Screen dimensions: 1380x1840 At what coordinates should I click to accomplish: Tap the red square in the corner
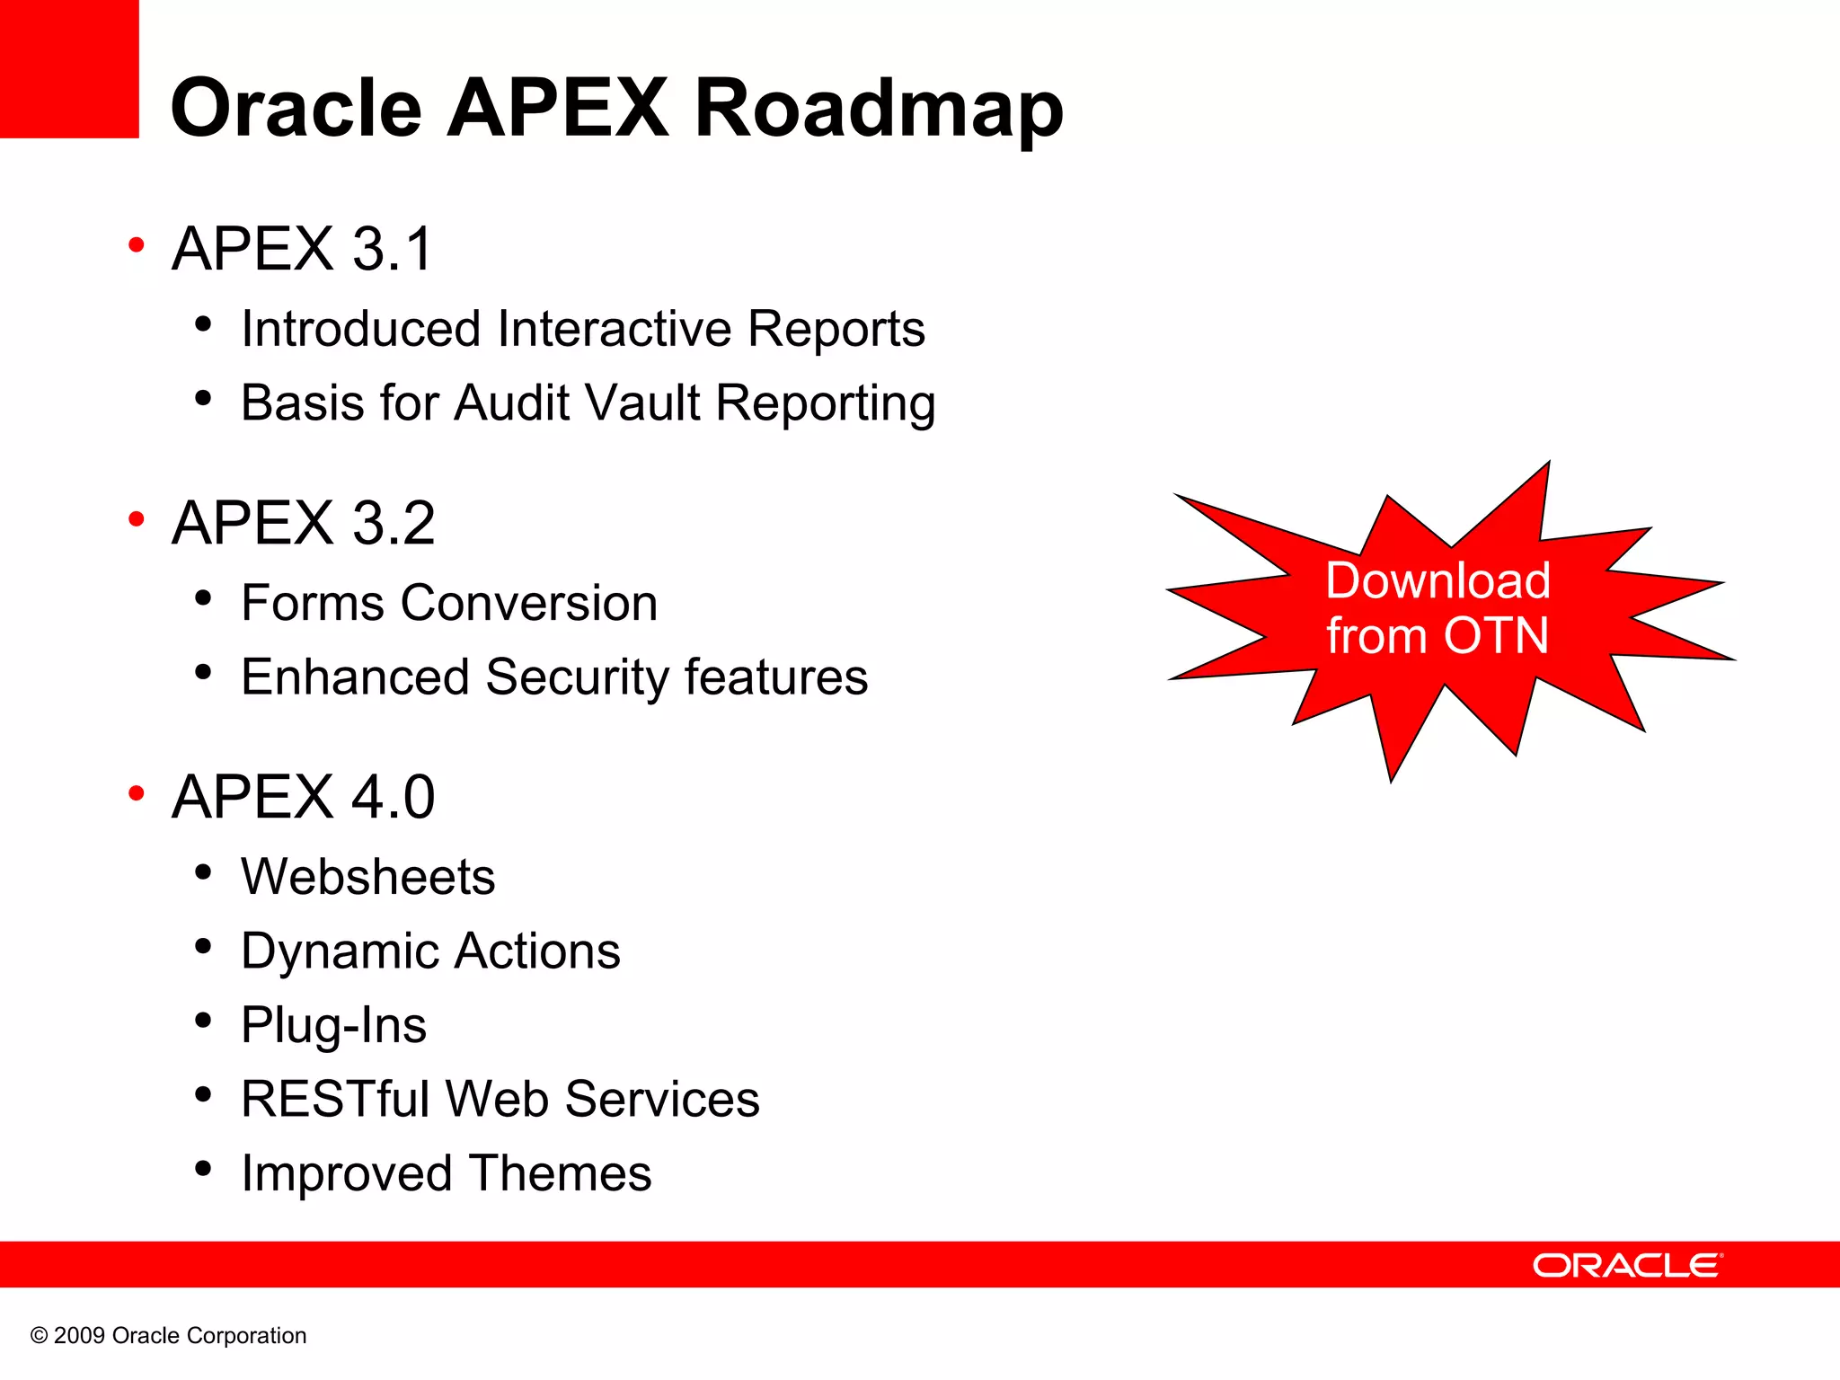click(68, 68)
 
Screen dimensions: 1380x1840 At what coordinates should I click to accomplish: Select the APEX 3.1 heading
click(303, 249)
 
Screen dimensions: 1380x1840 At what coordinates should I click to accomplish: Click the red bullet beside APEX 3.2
click(137, 518)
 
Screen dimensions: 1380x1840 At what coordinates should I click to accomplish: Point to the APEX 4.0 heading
click(303, 797)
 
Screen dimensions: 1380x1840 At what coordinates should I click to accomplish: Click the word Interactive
click(614, 329)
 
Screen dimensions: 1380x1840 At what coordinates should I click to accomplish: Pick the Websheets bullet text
click(367, 877)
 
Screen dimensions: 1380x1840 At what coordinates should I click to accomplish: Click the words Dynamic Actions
click(430, 951)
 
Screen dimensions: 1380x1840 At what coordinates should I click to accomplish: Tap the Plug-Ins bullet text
click(333, 1025)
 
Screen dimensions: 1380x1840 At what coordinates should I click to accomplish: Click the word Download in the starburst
click(1437, 580)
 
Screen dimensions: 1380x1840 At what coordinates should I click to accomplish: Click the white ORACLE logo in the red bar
click(1627, 1265)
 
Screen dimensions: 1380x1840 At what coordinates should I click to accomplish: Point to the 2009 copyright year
click(79, 1336)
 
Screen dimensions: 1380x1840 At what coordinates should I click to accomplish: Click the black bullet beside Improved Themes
click(203, 1168)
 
